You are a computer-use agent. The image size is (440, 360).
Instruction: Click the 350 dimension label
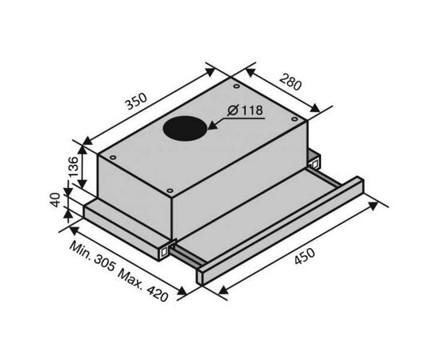click(136, 102)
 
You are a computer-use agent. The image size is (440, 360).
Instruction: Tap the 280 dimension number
click(290, 82)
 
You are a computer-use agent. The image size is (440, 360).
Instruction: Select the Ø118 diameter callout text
click(246, 110)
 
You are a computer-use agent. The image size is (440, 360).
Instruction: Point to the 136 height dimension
click(74, 166)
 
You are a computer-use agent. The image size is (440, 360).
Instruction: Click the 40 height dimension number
click(56, 200)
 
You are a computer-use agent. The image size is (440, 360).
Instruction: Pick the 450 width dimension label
click(305, 256)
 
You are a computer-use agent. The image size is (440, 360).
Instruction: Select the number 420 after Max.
click(158, 293)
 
